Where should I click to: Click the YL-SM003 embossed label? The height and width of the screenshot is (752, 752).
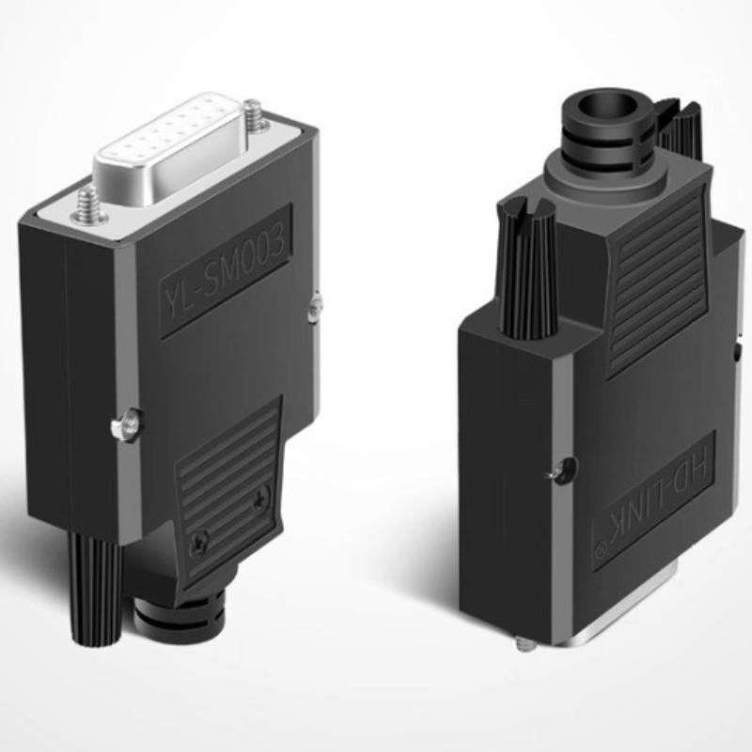[226, 274]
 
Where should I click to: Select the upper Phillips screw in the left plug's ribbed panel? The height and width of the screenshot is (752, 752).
[259, 503]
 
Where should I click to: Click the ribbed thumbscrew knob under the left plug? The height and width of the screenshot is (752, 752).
[94, 588]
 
